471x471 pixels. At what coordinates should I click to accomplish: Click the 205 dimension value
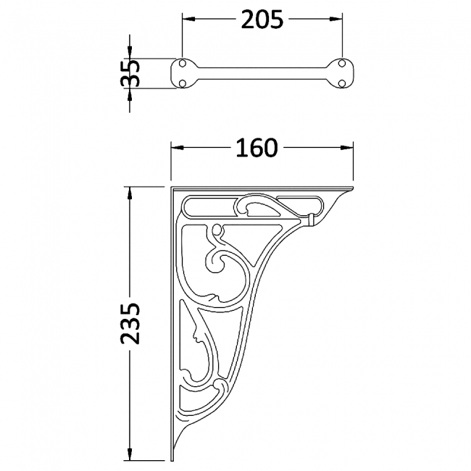click(261, 21)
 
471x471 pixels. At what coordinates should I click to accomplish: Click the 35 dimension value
click(130, 74)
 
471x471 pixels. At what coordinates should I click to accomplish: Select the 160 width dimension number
click(257, 148)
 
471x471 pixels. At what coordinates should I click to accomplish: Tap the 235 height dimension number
click(130, 323)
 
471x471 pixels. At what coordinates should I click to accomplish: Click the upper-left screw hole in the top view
click(182, 65)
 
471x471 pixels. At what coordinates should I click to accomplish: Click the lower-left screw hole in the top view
click(182, 83)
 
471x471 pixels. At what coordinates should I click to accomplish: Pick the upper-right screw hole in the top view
click(341, 65)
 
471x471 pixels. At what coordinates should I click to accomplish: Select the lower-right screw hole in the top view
click(341, 83)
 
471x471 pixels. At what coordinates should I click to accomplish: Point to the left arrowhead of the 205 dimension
click(186, 21)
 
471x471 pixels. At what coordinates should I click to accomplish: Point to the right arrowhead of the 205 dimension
click(337, 21)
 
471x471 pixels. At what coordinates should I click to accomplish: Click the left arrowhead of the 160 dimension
click(176, 148)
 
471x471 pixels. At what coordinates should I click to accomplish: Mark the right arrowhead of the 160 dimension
click(349, 148)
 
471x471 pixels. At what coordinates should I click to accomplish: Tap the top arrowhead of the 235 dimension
click(130, 193)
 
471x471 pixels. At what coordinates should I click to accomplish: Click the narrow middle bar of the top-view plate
click(261, 74)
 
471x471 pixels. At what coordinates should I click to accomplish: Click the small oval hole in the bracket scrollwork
click(216, 231)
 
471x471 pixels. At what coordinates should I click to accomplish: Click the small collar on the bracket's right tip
click(312, 218)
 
